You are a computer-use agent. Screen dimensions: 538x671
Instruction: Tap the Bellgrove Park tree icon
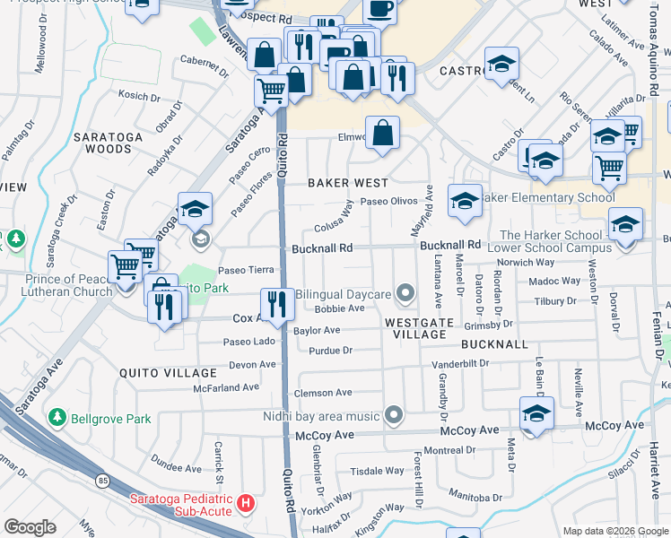[57, 418]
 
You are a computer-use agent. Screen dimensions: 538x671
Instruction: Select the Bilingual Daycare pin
[405, 293]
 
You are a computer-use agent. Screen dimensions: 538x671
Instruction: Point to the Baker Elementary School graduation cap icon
[464, 202]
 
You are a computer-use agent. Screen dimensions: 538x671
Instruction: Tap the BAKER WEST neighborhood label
[348, 182]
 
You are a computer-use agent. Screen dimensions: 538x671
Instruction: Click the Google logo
[30, 527]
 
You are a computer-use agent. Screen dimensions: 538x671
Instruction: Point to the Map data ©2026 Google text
[615, 531]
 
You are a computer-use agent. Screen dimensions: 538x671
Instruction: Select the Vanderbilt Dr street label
[460, 364]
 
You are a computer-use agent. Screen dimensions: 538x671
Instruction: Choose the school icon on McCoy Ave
[536, 413]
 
